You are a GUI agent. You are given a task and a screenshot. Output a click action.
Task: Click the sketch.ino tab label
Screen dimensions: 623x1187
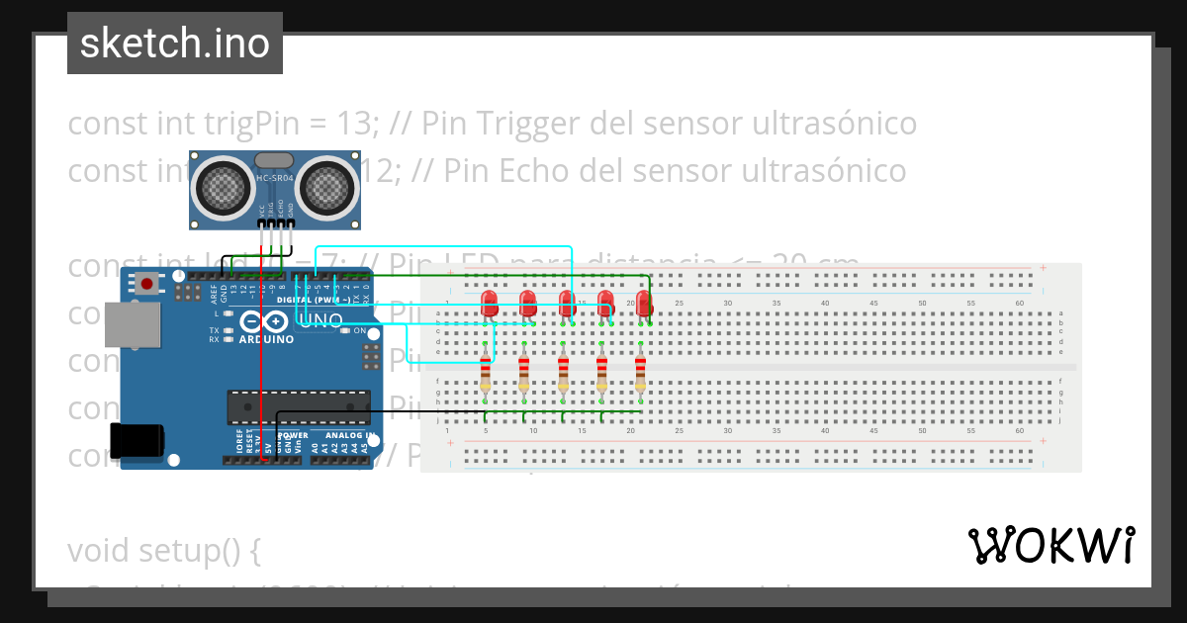(x=174, y=44)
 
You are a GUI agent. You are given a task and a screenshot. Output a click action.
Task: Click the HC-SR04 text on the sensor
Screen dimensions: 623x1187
(x=273, y=178)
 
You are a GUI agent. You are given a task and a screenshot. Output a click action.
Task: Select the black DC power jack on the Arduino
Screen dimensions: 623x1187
(x=136, y=441)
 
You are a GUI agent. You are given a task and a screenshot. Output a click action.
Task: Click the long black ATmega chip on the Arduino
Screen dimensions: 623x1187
(x=298, y=405)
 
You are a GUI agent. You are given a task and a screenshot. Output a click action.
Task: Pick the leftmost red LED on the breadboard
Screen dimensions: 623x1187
(x=489, y=303)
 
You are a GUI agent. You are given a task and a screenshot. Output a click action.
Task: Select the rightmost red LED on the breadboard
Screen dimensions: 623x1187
(x=645, y=303)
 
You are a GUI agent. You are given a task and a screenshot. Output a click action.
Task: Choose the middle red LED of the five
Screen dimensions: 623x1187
(x=567, y=303)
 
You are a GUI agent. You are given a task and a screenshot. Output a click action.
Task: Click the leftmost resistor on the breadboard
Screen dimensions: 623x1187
(x=485, y=375)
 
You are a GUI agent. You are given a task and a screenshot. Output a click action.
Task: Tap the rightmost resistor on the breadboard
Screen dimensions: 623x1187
(x=640, y=375)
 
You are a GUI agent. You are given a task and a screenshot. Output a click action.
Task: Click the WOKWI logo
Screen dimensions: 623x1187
(x=1050, y=545)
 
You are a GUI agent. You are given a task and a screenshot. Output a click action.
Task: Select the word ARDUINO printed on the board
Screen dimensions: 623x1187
(x=266, y=339)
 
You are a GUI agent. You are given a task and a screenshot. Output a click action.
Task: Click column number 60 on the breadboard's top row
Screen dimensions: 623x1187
(x=1019, y=303)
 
